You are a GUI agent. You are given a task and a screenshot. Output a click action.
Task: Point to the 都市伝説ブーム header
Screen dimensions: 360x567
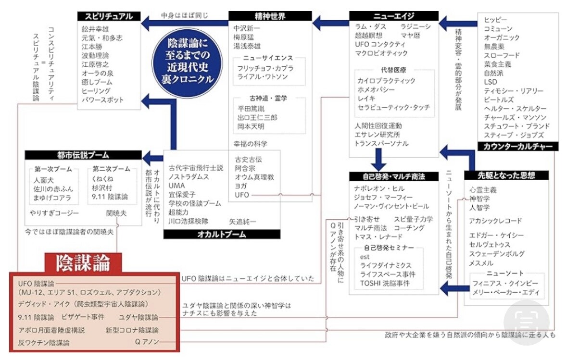[x=83, y=155]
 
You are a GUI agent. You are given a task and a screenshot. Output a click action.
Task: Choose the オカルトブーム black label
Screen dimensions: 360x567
[x=222, y=234]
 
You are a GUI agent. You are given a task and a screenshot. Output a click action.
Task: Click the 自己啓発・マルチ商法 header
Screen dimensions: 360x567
[x=388, y=176]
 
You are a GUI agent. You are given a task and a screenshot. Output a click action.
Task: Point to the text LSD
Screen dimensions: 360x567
[x=491, y=82]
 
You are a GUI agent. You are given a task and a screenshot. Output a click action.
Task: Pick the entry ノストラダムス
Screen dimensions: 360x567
[x=189, y=177]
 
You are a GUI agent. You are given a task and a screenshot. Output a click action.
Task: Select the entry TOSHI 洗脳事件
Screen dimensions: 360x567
[x=385, y=283]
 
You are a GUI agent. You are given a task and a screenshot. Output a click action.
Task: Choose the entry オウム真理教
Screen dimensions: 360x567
[x=254, y=177]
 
